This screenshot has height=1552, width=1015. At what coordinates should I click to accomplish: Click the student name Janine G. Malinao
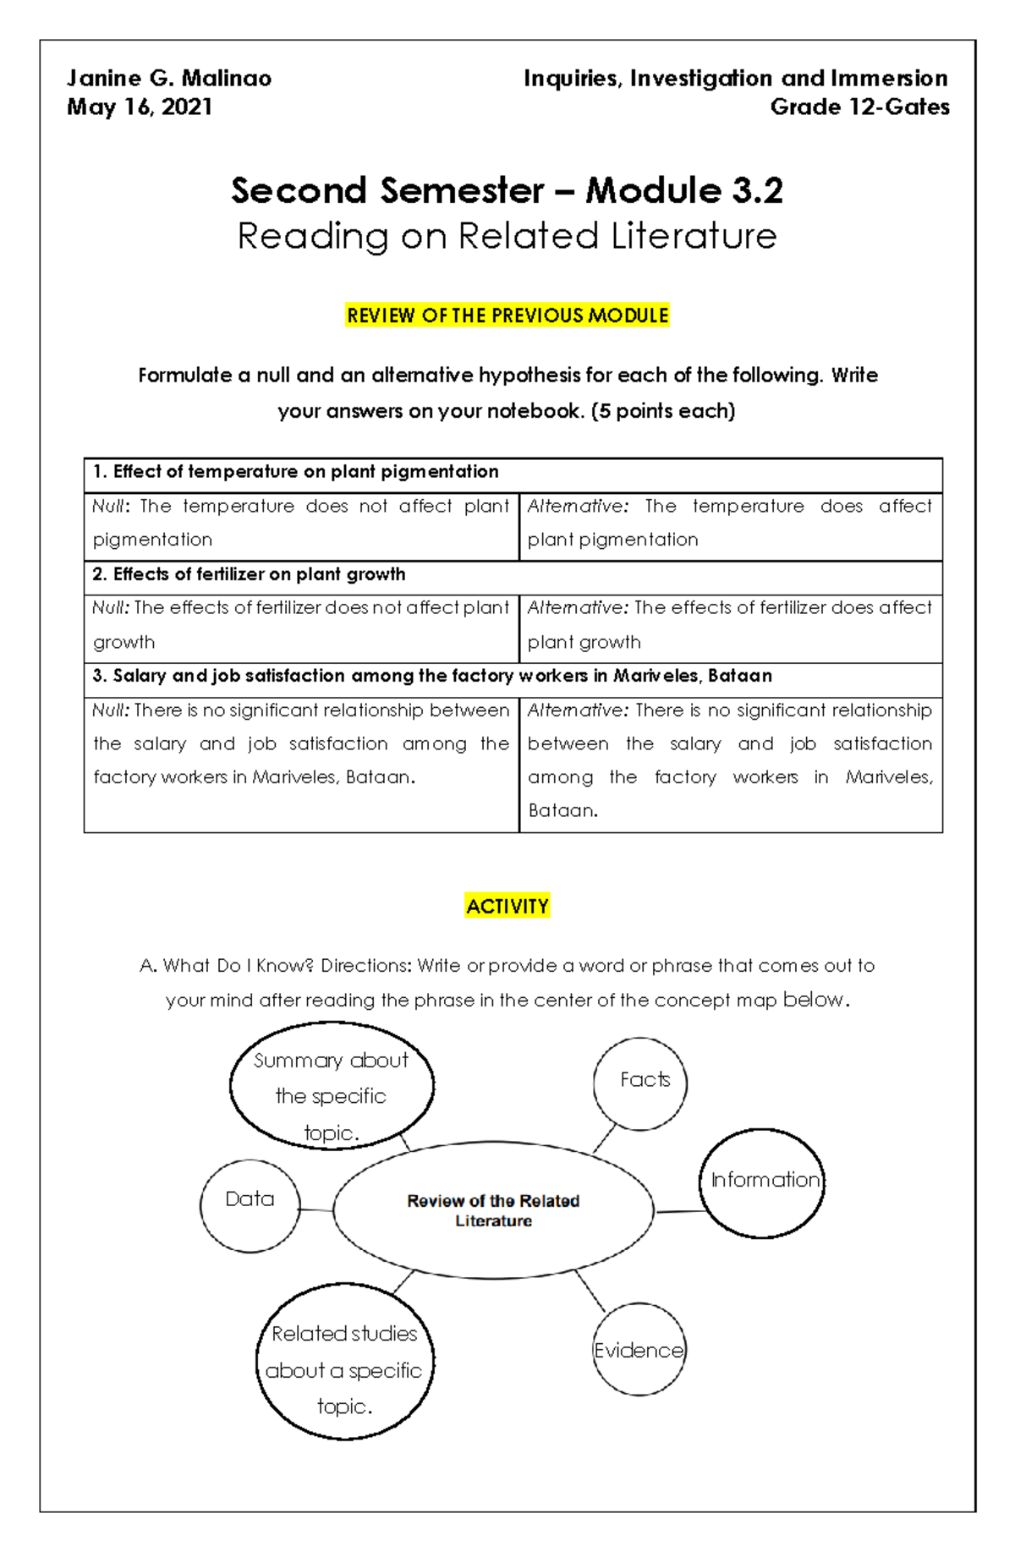pos(169,79)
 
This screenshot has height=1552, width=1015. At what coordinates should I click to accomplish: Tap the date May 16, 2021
pos(140,107)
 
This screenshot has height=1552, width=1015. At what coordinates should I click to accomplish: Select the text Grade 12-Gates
pos(859,107)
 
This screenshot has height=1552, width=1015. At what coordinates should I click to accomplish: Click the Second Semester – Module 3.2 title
pos(507,190)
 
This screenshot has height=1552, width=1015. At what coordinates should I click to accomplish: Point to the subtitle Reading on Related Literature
pos(507,236)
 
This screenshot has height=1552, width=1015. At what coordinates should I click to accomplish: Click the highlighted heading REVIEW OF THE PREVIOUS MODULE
pos(507,315)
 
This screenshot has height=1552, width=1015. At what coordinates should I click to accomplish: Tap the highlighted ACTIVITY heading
pos(507,907)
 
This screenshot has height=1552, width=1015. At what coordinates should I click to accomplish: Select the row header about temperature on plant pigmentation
pos(296,472)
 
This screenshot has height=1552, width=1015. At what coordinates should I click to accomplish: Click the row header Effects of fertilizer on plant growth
pos(250,574)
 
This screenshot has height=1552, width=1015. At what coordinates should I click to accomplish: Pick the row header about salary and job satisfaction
pos(432,676)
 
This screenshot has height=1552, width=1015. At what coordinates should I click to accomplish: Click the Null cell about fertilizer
pos(301,625)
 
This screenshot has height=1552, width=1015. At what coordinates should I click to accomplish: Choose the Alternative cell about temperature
pos(730,523)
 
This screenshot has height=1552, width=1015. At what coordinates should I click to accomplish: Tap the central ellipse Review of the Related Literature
pos(493,1210)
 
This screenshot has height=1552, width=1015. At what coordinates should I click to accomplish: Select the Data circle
pos(250,1205)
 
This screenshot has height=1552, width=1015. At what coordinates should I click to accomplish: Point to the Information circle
pos(762,1182)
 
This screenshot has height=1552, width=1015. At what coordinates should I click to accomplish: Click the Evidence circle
pos(639,1350)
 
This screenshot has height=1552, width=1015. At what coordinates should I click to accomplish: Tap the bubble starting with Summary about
pos(332,1087)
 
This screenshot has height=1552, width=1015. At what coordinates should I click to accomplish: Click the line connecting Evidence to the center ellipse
pos(590,1291)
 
